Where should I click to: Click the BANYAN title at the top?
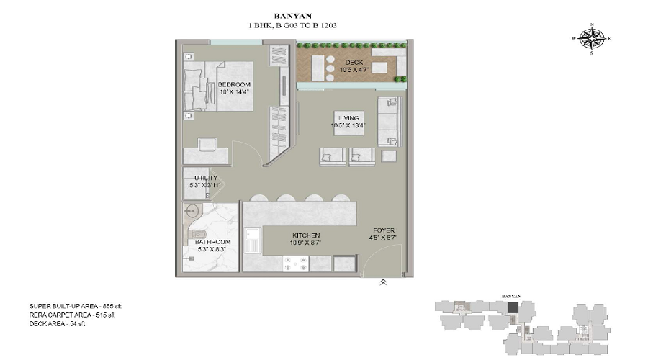[292, 14]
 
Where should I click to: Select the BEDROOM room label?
[234, 84]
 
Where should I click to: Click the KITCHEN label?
[306, 235]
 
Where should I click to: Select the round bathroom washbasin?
[192, 211]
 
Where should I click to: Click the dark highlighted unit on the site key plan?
[512, 307]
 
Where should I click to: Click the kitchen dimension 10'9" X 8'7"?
[306, 243]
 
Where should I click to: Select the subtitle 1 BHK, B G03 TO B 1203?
[292, 25]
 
